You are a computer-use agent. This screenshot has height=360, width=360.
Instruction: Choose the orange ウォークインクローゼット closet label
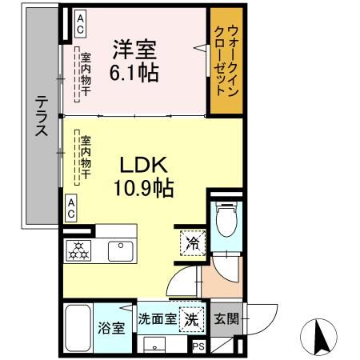(226, 62)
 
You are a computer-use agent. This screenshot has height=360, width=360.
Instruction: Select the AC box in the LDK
(72, 209)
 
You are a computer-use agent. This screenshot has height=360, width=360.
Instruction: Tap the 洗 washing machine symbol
(191, 318)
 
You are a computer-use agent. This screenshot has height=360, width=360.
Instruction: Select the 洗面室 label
(157, 318)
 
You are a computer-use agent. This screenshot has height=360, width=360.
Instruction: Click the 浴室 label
(109, 327)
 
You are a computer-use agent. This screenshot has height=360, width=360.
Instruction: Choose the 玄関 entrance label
(224, 318)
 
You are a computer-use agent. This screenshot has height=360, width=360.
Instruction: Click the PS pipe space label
(198, 346)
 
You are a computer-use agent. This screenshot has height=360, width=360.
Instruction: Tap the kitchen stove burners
(80, 250)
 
